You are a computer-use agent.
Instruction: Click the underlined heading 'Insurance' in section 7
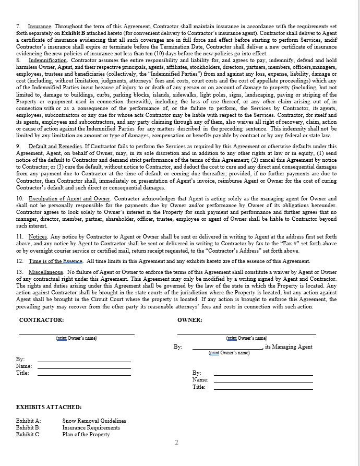(x=40, y=26)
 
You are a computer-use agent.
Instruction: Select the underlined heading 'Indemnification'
(x=48, y=60)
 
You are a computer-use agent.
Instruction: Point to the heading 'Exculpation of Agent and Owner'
(x=69, y=199)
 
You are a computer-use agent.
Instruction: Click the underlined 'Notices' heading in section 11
(x=38, y=236)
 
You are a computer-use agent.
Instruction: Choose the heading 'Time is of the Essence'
(x=56, y=261)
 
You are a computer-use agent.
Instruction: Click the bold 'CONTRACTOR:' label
(x=41, y=319)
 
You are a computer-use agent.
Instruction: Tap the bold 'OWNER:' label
(x=190, y=319)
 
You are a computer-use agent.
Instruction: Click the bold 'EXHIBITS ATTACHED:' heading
(x=49, y=407)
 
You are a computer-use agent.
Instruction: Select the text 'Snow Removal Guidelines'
(x=94, y=421)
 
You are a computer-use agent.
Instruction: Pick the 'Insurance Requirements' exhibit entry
(x=91, y=427)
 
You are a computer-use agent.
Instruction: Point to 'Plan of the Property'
(x=86, y=434)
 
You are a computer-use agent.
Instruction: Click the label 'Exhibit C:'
(x=28, y=434)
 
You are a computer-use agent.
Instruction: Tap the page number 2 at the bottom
(x=176, y=443)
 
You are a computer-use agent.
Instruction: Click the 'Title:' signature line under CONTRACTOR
(x=83, y=373)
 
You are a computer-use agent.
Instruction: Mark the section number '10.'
(x=19, y=199)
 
